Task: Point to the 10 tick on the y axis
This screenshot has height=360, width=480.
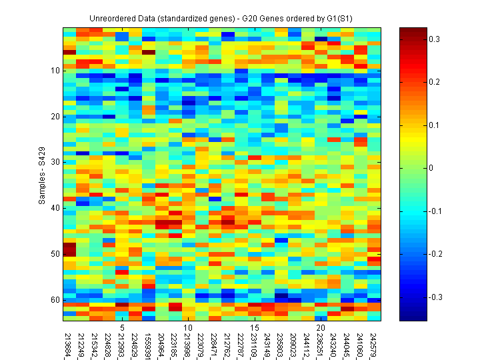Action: (x=55, y=70)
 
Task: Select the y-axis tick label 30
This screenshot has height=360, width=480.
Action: (x=55, y=162)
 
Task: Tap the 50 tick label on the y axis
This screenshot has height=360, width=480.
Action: (x=55, y=254)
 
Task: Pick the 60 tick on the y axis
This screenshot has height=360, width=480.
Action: (x=55, y=299)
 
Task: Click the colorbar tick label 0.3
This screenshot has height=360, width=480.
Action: (x=434, y=40)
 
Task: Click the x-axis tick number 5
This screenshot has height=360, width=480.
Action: (x=123, y=328)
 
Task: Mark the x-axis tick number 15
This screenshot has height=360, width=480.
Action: (x=255, y=328)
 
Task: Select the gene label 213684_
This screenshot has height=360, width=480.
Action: (x=70, y=343)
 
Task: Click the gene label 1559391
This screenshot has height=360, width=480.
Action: (x=149, y=343)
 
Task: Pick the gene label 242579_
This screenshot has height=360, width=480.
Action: (x=373, y=343)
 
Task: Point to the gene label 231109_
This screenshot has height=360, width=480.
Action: (x=255, y=343)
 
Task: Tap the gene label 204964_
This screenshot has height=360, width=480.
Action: (x=163, y=343)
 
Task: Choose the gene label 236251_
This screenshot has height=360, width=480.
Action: (x=321, y=343)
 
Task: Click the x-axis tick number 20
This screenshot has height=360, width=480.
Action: (x=321, y=328)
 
